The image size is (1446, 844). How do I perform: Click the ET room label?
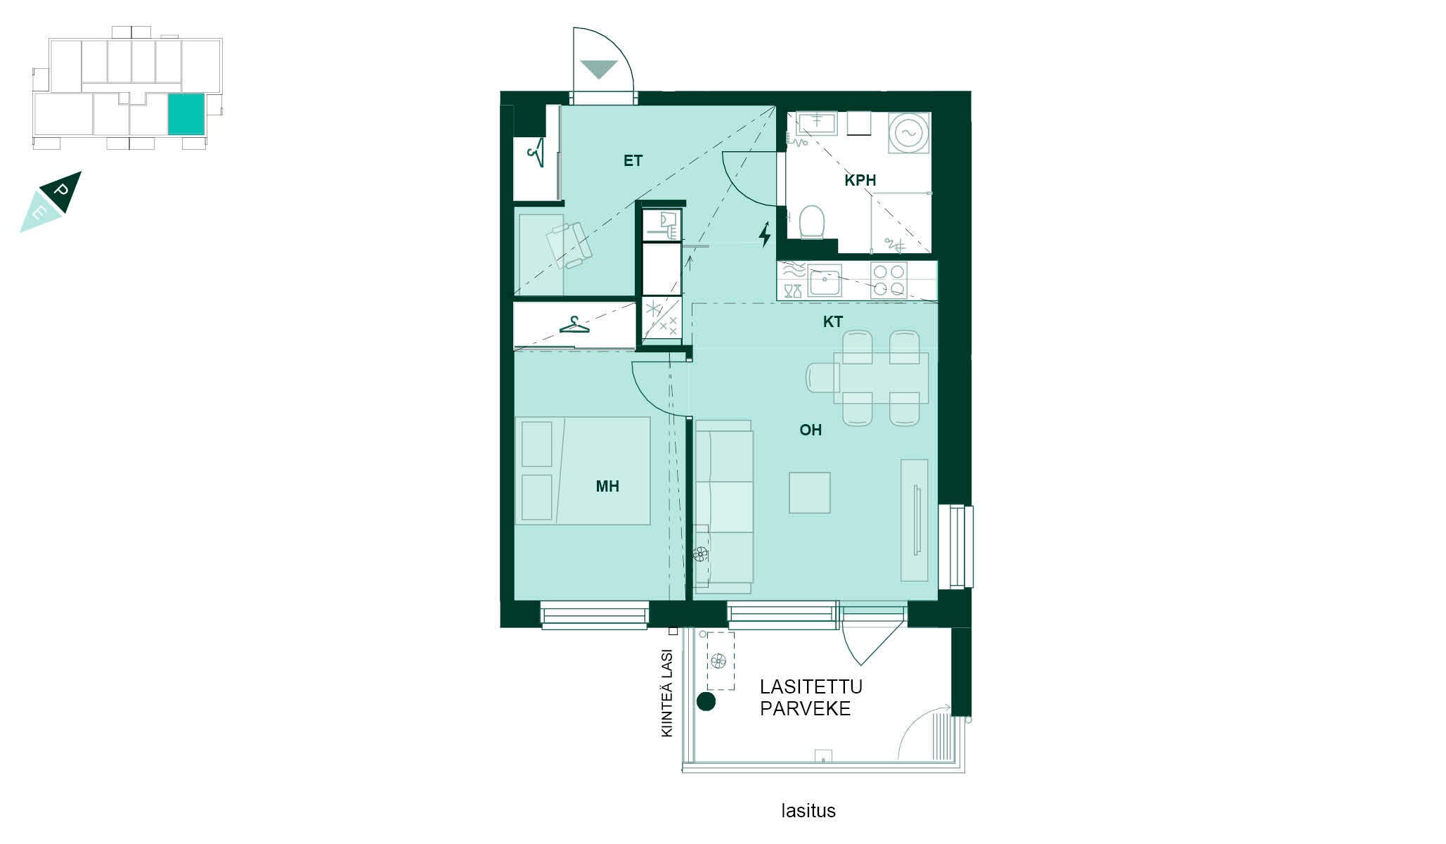(x=633, y=161)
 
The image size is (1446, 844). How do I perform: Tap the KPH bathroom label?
(x=860, y=181)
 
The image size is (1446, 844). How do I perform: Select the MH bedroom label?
(x=607, y=486)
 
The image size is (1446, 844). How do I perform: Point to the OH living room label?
(x=811, y=430)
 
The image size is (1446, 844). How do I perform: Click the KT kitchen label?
(x=833, y=322)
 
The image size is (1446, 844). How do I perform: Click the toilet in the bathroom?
(x=812, y=222)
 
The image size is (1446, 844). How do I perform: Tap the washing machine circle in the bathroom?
(x=908, y=132)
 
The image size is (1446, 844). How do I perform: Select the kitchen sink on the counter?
(x=825, y=281)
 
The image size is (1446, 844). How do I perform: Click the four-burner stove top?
(x=889, y=280)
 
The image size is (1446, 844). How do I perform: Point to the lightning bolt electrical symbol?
(x=765, y=235)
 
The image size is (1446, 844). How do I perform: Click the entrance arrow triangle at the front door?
(x=599, y=69)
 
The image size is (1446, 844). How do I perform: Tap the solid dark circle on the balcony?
(x=706, y=701)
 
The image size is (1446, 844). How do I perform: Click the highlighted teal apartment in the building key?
(x=186, y=113)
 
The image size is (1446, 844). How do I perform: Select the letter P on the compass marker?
(x=62, y=191)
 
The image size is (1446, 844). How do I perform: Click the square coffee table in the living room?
(x=810, y=492)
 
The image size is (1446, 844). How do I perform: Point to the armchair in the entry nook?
(x=569, y=245)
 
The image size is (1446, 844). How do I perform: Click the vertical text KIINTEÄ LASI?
(x=667, y=693)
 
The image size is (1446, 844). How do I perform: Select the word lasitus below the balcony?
(x=808, y=811)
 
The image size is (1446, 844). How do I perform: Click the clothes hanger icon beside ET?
(x=536, y=152)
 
